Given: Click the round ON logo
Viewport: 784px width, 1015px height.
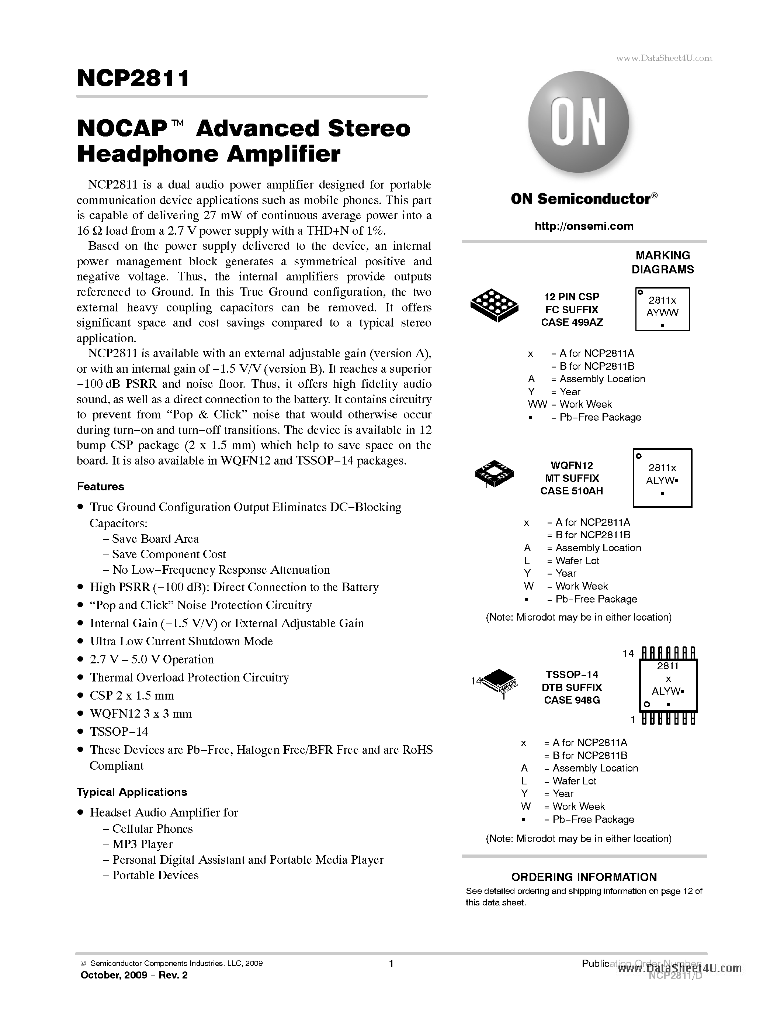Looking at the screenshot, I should pos(578,122).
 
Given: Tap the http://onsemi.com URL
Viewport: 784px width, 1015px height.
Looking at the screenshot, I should pos(584,226).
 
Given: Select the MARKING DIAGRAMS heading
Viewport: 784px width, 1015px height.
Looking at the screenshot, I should pos(662,263).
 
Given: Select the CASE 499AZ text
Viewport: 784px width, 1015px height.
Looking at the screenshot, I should pos(572,322).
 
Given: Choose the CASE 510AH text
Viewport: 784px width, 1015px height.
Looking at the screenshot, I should pos(571,491).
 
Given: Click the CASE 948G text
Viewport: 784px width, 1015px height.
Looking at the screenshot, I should pos(572,700).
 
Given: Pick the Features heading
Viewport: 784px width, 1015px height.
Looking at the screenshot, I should pos(100,487).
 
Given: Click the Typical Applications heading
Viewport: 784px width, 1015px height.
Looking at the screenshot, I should pos(132,792).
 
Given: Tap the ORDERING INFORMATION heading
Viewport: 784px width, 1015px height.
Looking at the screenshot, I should pos(584,877).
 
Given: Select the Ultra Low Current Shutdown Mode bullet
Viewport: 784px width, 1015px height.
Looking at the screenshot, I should pos(181,641).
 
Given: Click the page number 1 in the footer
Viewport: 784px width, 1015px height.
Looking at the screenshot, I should pos(391,964).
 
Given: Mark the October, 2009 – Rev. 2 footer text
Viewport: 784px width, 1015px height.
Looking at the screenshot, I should pos(134,975).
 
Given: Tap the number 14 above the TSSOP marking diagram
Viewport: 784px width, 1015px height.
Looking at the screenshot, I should pos(628,653).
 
